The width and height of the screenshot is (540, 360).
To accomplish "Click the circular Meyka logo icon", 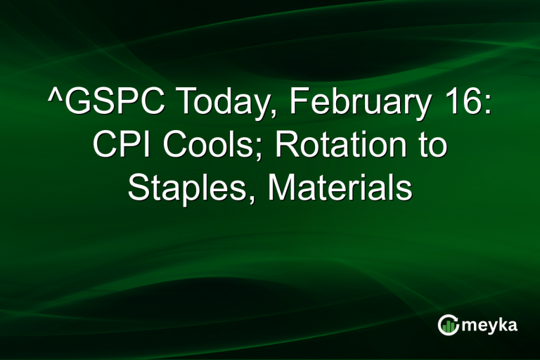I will click(x=448, y=325).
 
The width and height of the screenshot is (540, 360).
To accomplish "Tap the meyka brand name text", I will click(x=491, y=326).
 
